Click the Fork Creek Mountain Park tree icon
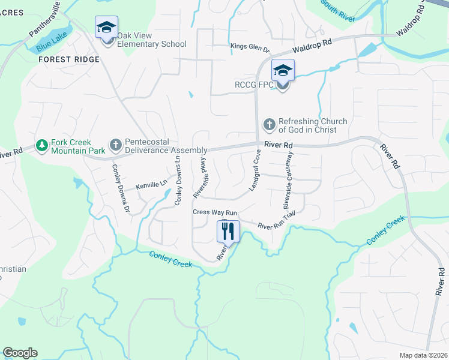[x=42, y=145]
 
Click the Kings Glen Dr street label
[x=250, y=46]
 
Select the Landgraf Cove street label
[x=256, y=170]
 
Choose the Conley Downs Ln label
[x=178, y=179]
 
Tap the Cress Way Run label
[x=215, y=212]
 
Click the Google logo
[x=20, y=353]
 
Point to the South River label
[x=338, y=10]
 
